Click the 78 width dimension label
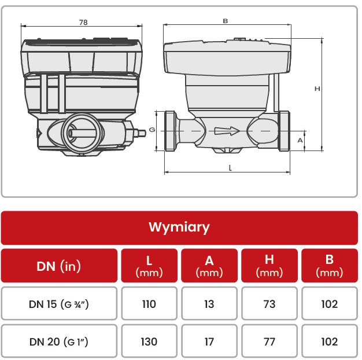click(83, 22)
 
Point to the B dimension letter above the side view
click(226, 21)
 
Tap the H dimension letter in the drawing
click(317, 89)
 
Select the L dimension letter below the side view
click(230, 168)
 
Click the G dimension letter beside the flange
click(152, 130)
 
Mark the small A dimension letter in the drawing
click(300, 140)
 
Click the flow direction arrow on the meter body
click(227, 131)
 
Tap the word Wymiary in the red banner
click(179, 227)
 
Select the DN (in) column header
click(58, 266)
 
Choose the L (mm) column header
click(149, 266)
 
